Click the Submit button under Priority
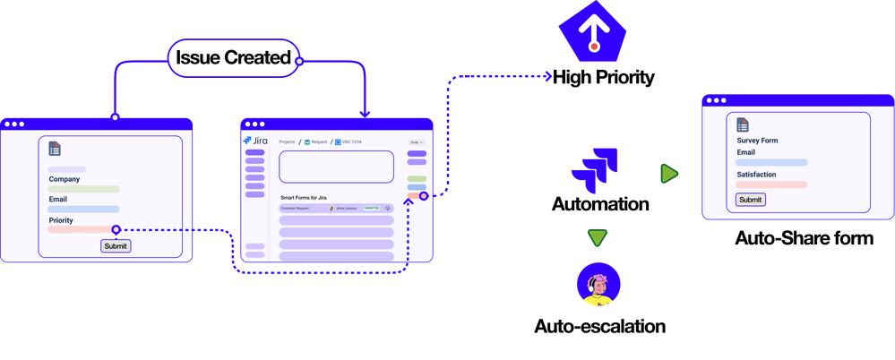point(116,245)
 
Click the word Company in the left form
point(65,179)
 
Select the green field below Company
point(83,189)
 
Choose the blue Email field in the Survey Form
point(771,163)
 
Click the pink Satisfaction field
point(771,184)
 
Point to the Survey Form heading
point(758,141)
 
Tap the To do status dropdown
point(416,141)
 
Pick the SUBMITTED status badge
point(371,208)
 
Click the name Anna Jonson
point(345,208)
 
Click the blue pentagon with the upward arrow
point(594,31)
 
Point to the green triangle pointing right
point(668,174)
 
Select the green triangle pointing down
point(597,238)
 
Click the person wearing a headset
point(598,286)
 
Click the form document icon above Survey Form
point(743,124)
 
